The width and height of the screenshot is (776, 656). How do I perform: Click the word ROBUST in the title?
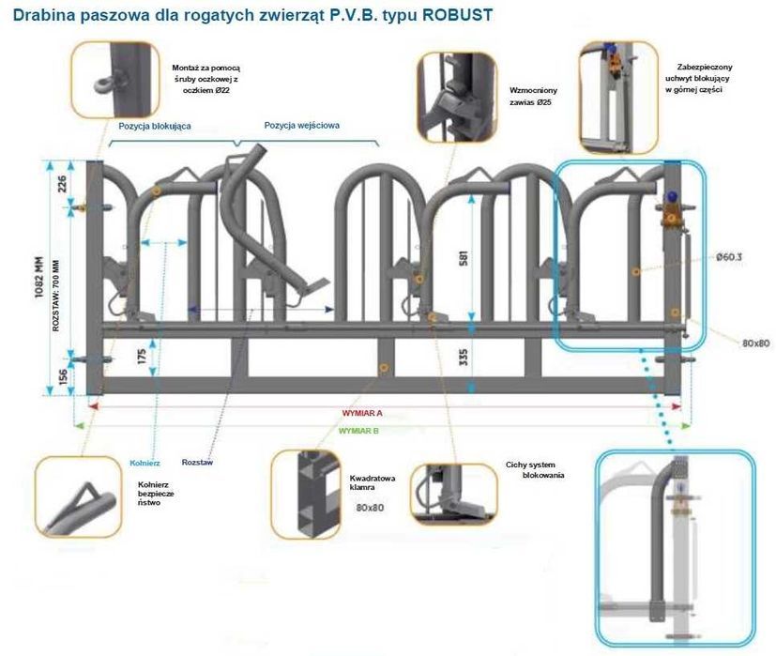[x=453, y=17]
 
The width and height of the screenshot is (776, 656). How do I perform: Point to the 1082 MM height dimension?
[x=38, y=279]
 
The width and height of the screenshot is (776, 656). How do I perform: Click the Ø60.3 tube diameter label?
[x=730, y=256]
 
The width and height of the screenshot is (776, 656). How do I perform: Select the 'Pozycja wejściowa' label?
[x=301, y=125]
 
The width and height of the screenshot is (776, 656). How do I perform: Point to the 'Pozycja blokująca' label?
[x=155, y=125]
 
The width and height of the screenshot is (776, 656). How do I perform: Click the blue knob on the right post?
[x=673, y=197]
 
